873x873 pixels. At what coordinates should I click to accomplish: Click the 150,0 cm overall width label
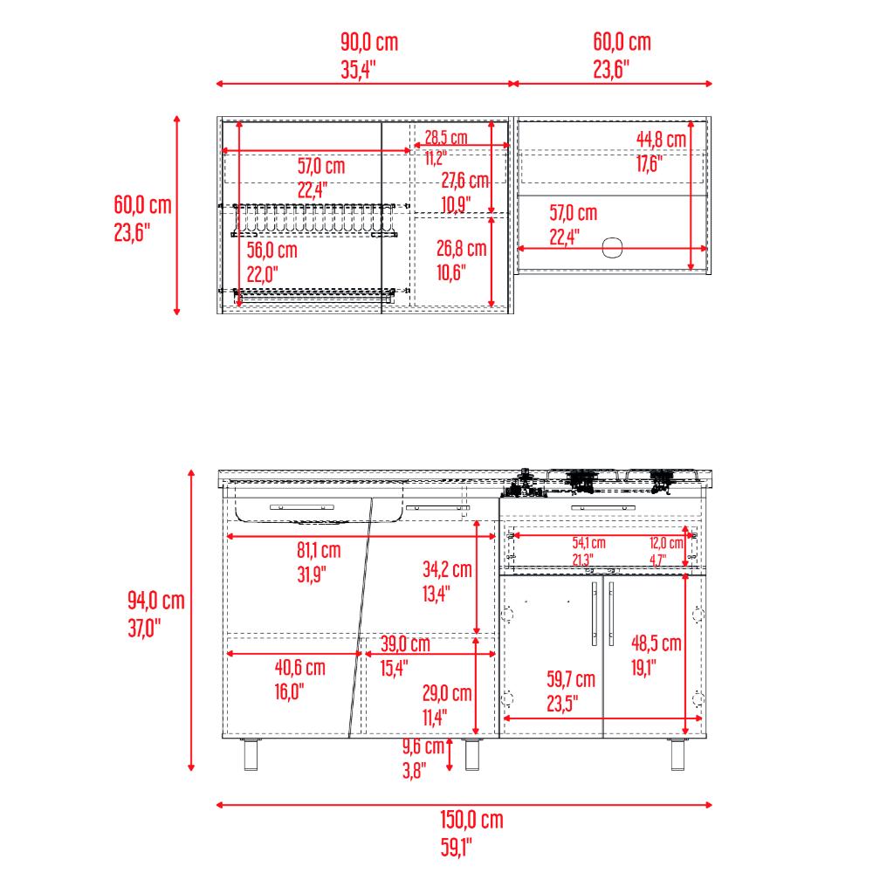click(x=471, y=820)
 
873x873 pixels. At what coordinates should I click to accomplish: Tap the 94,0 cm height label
click(x=156, y=601)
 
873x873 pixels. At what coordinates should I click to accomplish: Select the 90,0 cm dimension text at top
click(x=369, y=42)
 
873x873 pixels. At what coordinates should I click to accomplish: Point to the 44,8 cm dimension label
click(x=661, y=139)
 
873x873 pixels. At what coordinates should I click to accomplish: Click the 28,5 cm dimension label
click(x=446, y=137)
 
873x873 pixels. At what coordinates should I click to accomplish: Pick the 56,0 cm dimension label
click(x=272, y=250)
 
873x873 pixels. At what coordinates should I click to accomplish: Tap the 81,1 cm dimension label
click(x=319, y=550)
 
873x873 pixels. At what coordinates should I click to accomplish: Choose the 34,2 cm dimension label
click(x=447, y=569)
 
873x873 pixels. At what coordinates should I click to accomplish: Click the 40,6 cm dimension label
click(x=299, y=667)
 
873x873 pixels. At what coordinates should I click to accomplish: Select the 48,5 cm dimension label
click(x=656, y=643)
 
